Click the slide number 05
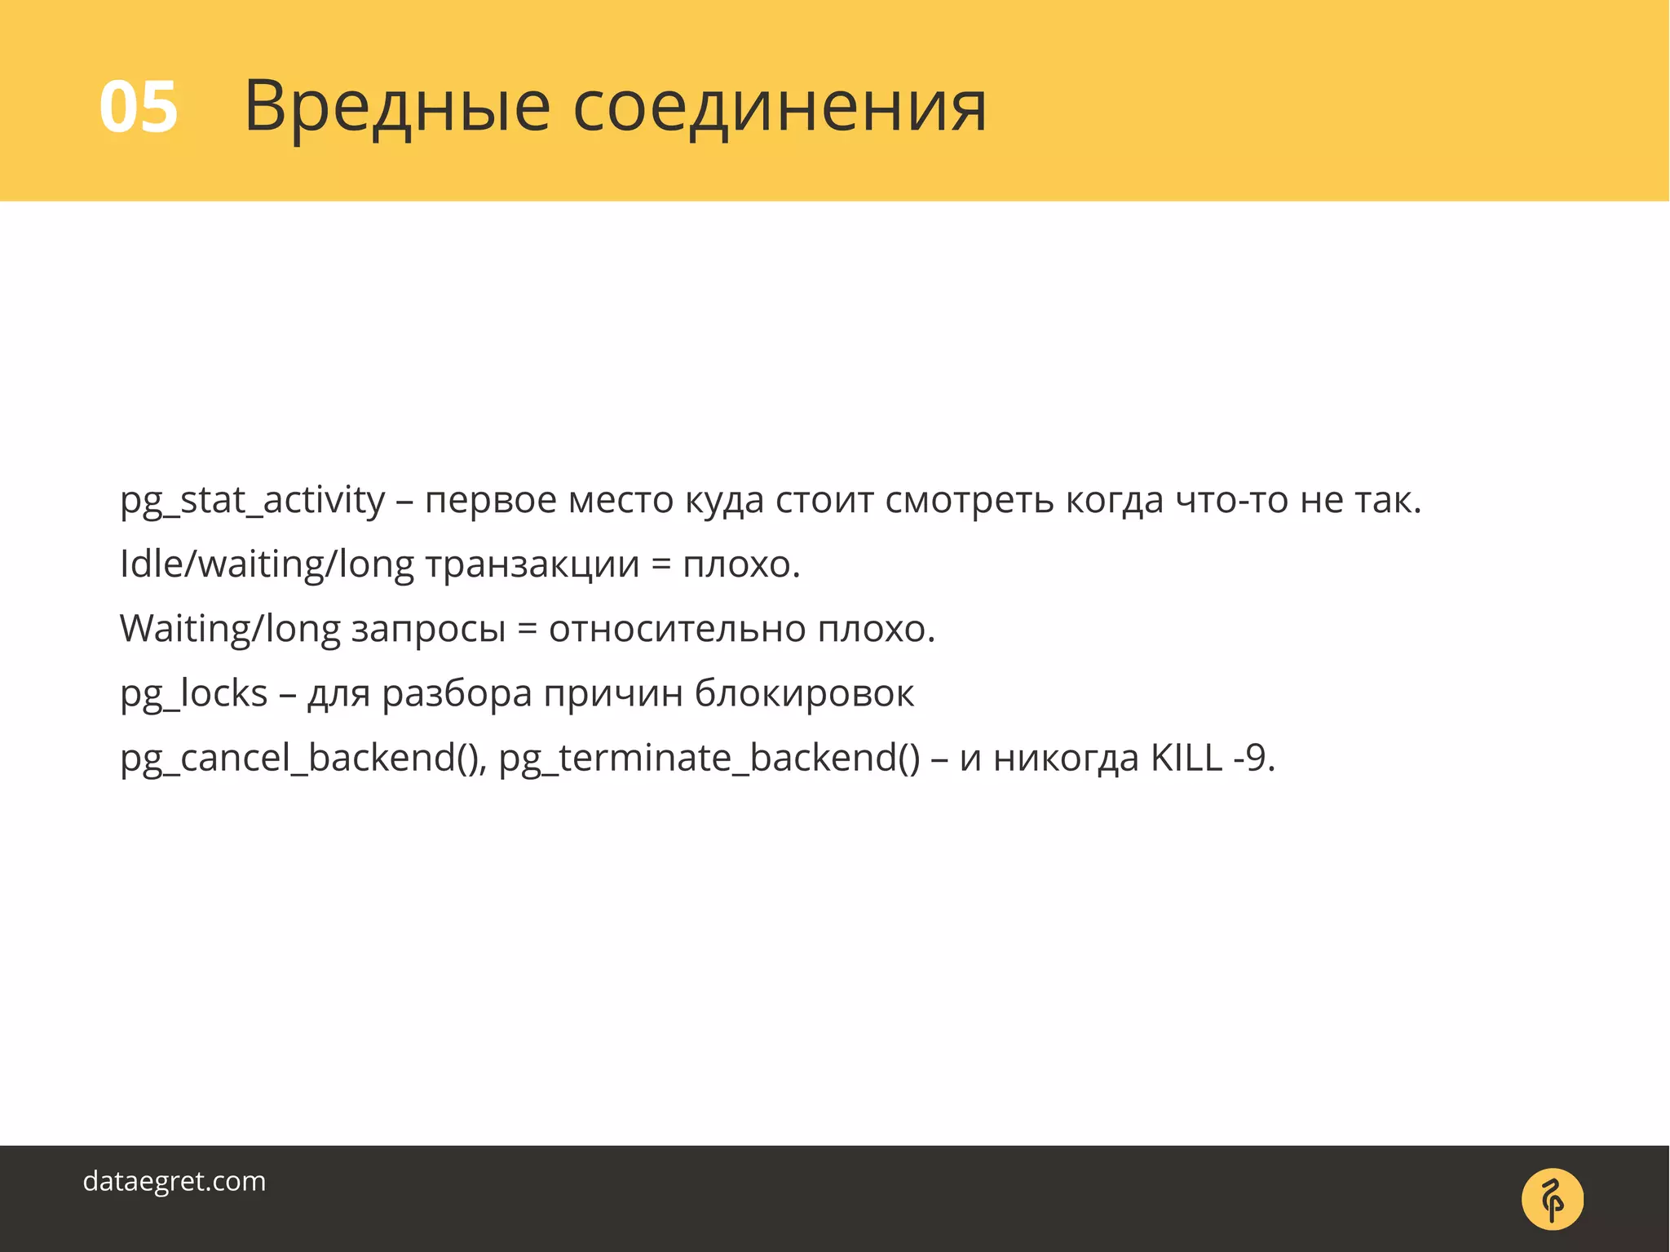[x=138, y=108]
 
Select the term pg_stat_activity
[x=252, y=501]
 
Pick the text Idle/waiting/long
[x=267, y=565]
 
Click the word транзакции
[x=532, y=565]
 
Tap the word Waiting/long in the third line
[x=230, y=630]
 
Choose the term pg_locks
[x=193, y=694]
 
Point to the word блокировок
[x=804, y=694]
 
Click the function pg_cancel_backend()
[x=303, y=759]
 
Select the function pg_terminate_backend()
[x=709, y=759]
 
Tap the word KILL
[x=1186, y=758]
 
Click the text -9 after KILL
[x=1251, y=758]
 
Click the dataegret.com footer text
[x=175, y=1181]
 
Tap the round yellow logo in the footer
[x=1552, y=1199]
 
